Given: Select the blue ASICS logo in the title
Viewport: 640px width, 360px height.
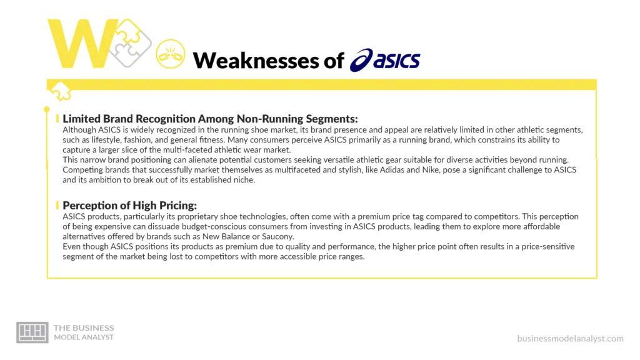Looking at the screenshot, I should point(385,61).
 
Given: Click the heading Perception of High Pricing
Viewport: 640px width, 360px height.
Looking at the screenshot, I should point(130,205).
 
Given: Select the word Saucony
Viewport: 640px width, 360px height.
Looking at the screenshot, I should point(276,236).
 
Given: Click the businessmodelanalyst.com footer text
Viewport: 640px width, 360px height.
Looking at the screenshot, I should point(570,339).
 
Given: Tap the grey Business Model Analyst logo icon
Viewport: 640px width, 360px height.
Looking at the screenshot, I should point(32,332).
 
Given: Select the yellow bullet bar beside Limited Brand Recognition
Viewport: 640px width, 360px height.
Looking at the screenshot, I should point(58,118).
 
